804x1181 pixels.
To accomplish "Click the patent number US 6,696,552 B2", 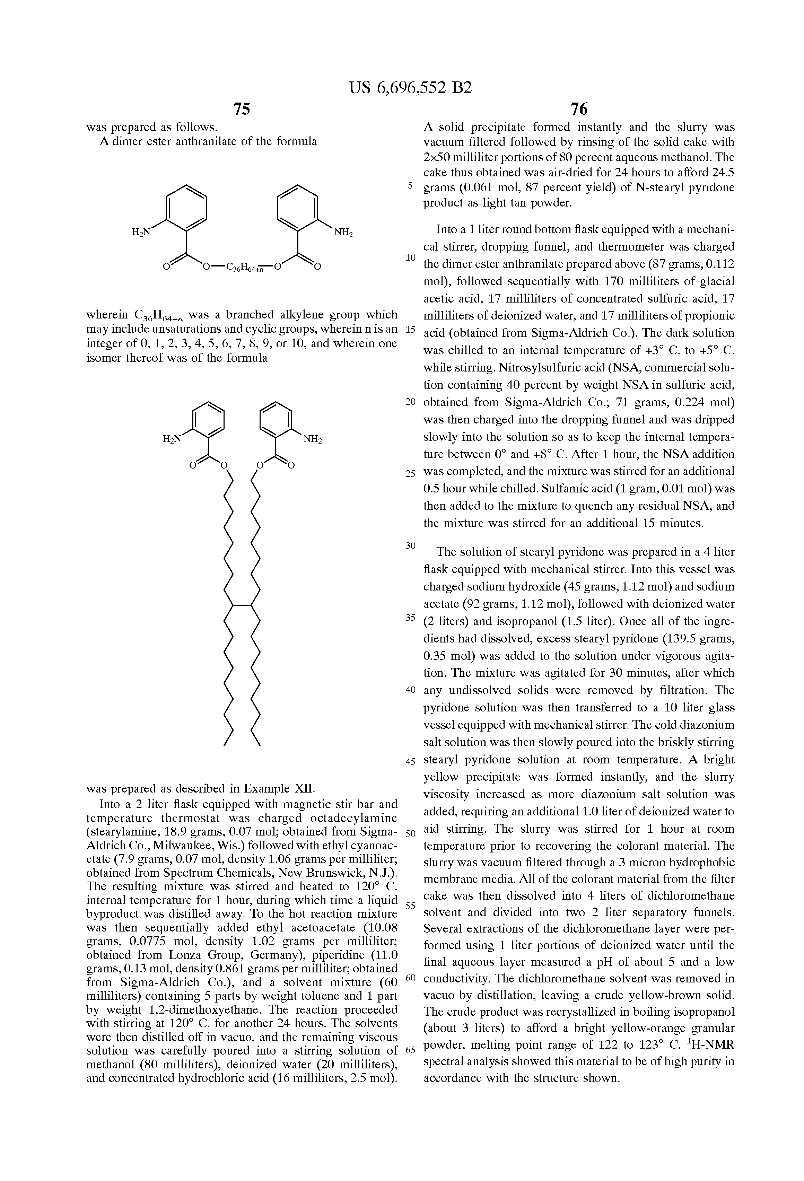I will click(411, 88).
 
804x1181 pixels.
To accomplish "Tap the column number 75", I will click(242, 109).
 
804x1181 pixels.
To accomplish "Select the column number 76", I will click(579, 109).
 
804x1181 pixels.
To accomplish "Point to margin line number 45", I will click(411, 761).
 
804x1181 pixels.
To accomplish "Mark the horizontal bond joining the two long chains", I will click(242, 605).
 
